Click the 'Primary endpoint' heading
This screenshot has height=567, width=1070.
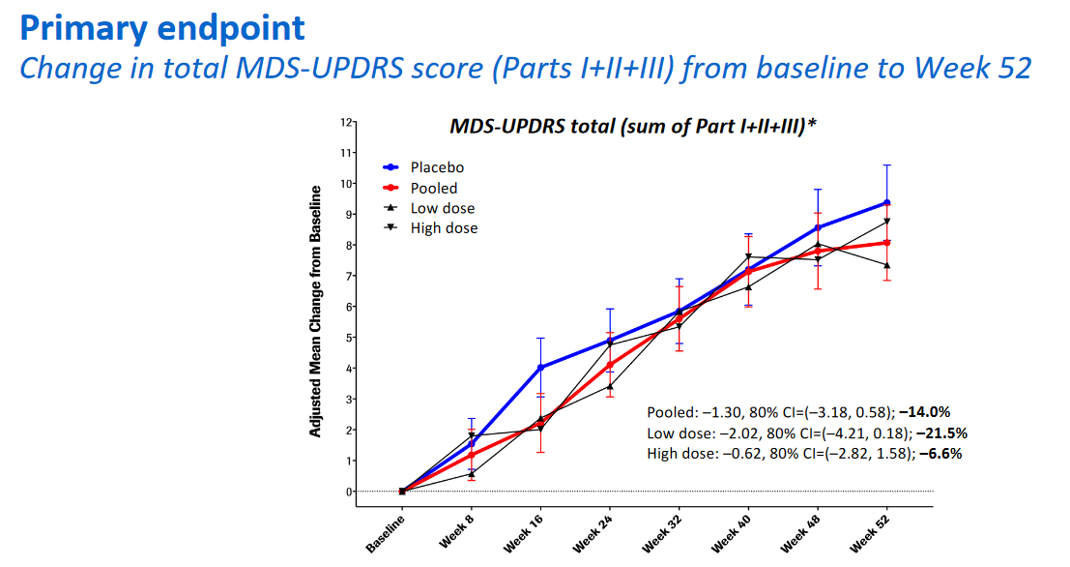161,27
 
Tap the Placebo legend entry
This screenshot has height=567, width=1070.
437,167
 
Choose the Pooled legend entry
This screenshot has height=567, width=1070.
434,188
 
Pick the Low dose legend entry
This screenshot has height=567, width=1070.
442,208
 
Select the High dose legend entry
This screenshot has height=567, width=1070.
444,228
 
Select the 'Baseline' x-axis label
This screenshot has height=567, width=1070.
387,530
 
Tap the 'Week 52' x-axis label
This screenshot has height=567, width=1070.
870,531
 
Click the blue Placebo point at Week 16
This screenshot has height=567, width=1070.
540,368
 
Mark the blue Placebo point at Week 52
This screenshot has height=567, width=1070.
886,202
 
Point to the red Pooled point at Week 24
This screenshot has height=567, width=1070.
610,365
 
